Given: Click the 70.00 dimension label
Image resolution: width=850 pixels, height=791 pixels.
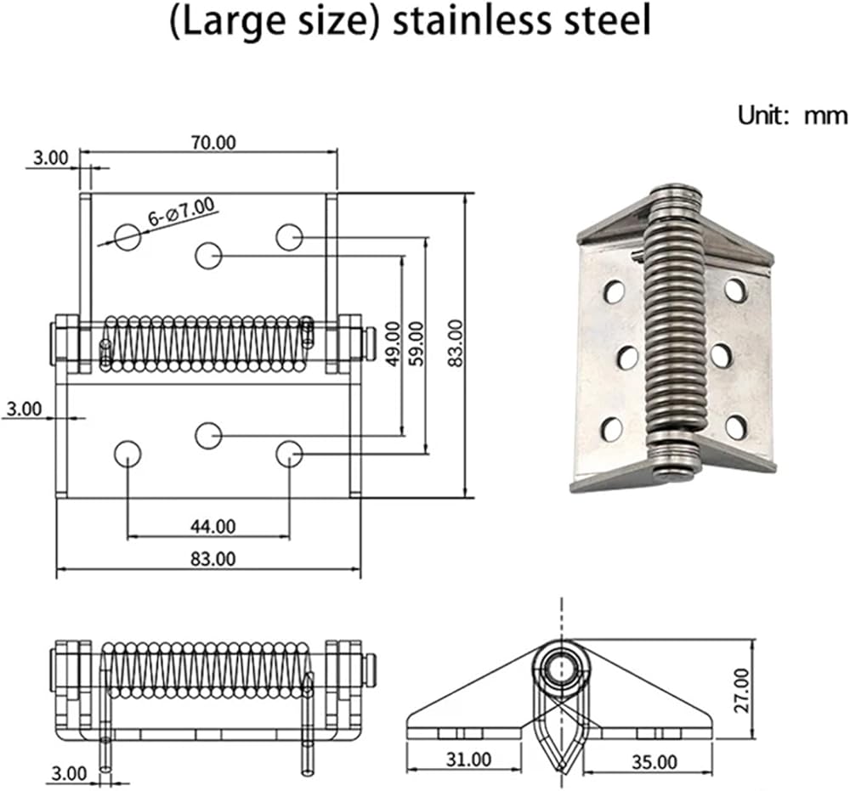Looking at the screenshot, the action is (x=213, y=143).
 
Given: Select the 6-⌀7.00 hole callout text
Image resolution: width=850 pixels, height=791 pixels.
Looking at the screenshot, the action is (x=181, y=212).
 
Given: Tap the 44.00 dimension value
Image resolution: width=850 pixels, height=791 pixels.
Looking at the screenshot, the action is (x=213, y=526).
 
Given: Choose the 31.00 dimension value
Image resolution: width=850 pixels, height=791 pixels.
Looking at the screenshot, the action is (x=469, y=759).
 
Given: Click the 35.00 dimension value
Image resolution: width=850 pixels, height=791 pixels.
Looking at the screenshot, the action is (x=654, y=762).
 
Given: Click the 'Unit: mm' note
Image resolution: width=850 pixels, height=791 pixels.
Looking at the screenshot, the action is (x=792, y=116).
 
